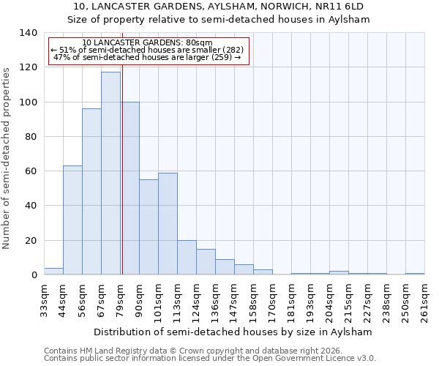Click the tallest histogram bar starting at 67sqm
pyautogui.click(x=110, y=173)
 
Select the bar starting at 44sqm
pyautogui.click(x=72, y=220)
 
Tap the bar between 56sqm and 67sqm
pyautogui.click(x=91, y=192)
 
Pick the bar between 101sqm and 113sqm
pyautogui.click(x=168, y=224)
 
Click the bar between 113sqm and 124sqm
pyautogui.click(x=187, y=258)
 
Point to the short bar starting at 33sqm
pyautogui.click(x=53, y=272)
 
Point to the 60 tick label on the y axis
pyautogui.click(x=31, y=171)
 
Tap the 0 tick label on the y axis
pyautogui.click(x=34, y=275)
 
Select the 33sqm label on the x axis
pyautogui.click(x=44, y=300)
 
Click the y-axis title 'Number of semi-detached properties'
pyautogui.click(x=7, y=157)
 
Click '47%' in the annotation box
pyautogui.click(x=61, y=57)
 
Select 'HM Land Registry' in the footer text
pyautogui.click(x=108, y=351)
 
